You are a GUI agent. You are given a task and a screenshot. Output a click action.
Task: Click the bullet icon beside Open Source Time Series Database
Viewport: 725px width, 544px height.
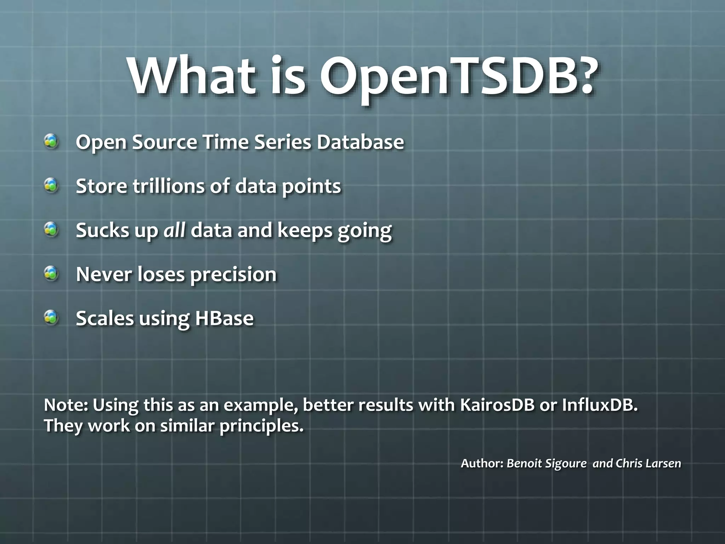(x=52, y=141)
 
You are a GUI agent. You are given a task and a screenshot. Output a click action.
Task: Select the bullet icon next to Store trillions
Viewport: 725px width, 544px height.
(x=52, y=185)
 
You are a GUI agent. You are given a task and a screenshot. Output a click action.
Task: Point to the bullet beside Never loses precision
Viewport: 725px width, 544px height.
(x=52, y=273)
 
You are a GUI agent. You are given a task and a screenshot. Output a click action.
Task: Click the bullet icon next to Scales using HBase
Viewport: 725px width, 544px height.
(x=52, y=317)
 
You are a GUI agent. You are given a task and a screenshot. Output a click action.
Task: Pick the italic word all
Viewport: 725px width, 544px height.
(x=174, y=230)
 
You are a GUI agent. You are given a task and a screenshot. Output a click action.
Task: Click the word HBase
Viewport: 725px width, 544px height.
(x=224, y=318)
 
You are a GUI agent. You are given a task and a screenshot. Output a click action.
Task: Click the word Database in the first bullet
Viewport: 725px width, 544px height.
(x=360, y=142)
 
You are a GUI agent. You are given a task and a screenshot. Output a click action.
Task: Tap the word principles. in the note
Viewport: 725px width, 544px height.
(x=261, y=426)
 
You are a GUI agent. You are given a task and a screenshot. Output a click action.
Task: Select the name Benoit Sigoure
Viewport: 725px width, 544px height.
(x=546, y=463)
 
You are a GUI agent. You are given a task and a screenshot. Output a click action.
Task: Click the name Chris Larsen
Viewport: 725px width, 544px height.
(x=648, y=463)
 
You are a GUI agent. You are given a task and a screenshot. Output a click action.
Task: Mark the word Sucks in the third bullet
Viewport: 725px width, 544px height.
(x=102, y=230)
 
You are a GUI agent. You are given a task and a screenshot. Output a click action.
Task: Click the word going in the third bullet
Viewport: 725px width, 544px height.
(x=364, y=231)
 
